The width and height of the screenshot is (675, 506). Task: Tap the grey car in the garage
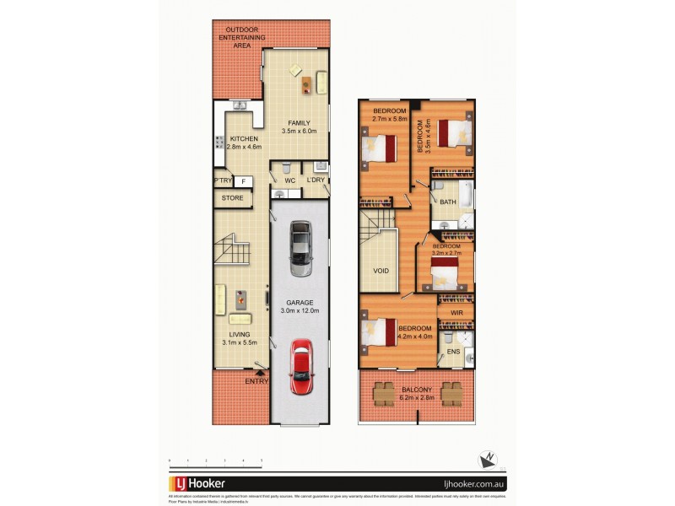click(299, 248)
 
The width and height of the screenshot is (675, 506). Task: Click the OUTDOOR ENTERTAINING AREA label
click(242, 38)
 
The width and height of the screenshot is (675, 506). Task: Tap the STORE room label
click(232, 198)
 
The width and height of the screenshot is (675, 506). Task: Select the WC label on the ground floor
click(288, 180)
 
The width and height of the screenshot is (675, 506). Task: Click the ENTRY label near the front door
click(256, 381)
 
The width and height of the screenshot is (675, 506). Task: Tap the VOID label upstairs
click(381, 272)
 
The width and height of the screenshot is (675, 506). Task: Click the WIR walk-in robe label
click(456, 313)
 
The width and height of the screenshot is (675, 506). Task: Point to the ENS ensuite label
click(453, 351)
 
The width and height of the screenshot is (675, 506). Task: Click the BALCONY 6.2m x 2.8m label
click(417, 394)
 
